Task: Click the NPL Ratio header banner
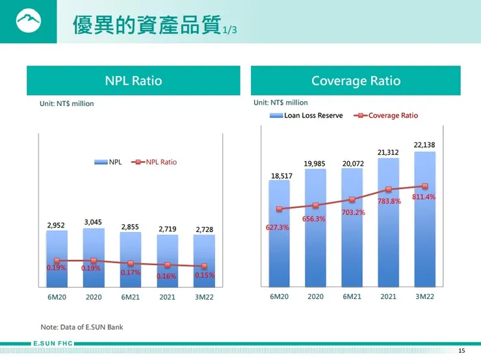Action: pos(133,81)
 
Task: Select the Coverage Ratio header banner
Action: pos(356,81)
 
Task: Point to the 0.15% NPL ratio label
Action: pos(204,275)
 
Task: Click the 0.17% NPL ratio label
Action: pos(130,272)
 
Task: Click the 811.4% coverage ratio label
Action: pos(424,197)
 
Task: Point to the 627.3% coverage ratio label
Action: pos(278,227)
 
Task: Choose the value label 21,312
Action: pos(388,152)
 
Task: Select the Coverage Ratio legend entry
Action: pos(387,116)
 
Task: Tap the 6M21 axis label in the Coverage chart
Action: pos(352,296)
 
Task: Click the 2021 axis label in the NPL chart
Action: pos(167,297)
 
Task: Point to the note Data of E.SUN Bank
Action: pos(82,327)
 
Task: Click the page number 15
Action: pos(461,351)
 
